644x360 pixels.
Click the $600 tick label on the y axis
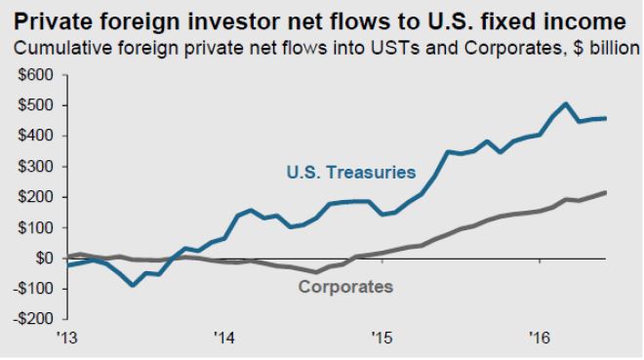point(36,75)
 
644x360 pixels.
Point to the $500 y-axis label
point(36,105)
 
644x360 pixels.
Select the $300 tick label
point(36,166)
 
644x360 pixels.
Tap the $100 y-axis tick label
point(36,227)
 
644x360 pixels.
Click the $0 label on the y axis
point(44,259)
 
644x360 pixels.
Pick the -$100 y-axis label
point(33,289)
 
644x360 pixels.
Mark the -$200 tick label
point(33,319)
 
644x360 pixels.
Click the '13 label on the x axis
point(67,338)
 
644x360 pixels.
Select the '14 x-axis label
point(224,338)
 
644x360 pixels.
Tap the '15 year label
point(382,338)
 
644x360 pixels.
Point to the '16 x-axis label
point(540,338)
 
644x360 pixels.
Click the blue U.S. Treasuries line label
point(351,172)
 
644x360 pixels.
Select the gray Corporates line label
point(345,287)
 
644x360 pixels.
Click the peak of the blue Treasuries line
point(566,103)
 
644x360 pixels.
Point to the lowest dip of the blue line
point(133,285)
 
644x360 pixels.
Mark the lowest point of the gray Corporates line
point(315,272)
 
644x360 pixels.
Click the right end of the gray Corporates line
point(605,192)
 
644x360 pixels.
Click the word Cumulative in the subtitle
point(62,48)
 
